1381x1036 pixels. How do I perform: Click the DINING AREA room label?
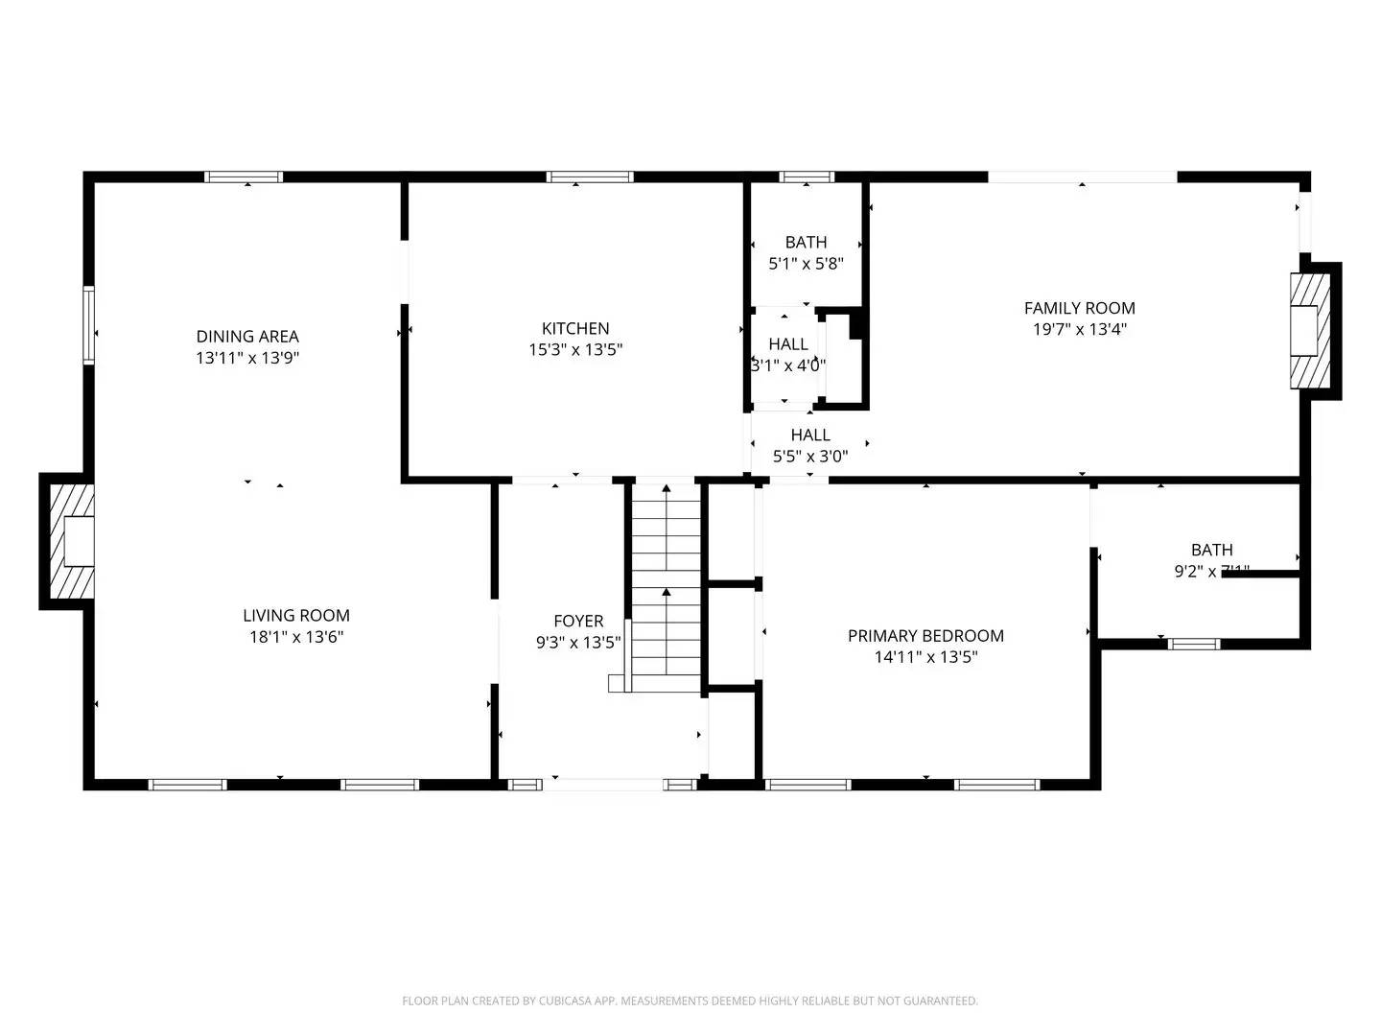(247, 336)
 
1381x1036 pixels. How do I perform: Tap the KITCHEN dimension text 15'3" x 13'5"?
(575, 350)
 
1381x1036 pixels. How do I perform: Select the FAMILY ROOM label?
(1079, 308)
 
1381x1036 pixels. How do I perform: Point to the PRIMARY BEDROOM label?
(925, 635)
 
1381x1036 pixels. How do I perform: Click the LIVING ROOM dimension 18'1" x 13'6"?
(296, 637)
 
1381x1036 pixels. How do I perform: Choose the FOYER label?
(578, 621)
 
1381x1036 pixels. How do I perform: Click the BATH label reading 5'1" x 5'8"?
(806, 253)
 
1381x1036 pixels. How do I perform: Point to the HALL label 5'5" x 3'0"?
(810, 446)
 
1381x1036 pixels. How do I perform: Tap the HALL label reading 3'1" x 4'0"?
(787, 354)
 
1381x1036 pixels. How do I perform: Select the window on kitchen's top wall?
(590, 177)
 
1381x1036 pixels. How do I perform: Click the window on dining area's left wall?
(88, 324)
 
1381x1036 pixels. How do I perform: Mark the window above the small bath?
(807, 177)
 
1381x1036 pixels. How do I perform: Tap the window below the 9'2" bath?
(1194, 644)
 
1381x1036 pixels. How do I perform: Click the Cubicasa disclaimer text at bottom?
(690, 1001)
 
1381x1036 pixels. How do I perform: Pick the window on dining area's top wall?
(244, 177)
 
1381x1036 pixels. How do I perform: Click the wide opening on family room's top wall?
(1082, 177)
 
